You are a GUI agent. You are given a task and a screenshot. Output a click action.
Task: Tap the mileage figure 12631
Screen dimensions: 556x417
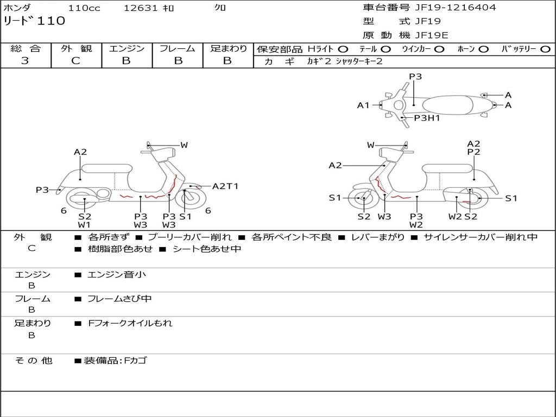pos(141,8)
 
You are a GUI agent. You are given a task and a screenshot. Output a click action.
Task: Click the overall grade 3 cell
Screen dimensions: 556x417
pos(25,61)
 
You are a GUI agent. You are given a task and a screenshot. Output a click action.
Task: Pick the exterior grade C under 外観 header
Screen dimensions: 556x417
pos(75,61)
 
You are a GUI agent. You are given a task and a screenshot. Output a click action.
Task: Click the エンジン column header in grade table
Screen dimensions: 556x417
pos(127,48)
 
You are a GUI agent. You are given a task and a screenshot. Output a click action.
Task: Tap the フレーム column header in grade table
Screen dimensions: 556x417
pos(178,48)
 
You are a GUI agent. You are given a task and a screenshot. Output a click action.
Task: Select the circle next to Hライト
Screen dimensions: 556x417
pos(343,49)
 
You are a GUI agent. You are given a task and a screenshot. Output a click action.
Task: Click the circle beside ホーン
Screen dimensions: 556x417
pos(483,49)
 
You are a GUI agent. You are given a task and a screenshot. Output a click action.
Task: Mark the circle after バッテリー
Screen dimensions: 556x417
pos(545,49)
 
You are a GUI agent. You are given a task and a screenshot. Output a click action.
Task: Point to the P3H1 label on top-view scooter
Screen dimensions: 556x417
pos(427,117)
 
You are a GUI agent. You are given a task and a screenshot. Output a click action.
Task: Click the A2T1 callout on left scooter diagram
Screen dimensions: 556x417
pos(225,186)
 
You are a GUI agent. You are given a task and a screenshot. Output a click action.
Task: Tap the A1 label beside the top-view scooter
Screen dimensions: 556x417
pos(363,105)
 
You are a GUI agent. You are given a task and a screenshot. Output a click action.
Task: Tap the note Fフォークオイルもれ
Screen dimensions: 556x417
pos(130,323)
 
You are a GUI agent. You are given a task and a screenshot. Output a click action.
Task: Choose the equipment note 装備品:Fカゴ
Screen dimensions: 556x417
pos(115,360)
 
